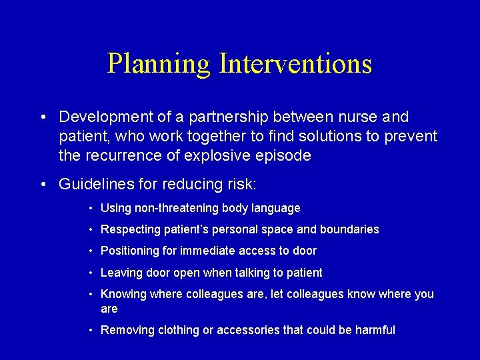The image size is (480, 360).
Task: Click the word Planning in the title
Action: (159, 64)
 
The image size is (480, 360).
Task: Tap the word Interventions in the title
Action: (295, 64)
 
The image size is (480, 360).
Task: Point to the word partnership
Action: (232, 117)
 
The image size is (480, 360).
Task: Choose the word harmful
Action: (375, 330)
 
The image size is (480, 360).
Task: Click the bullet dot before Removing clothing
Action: (91, 330)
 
